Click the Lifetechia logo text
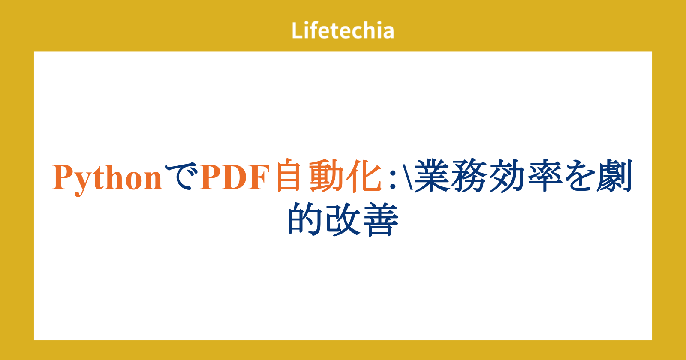pyautogui.click(x=343, y=30)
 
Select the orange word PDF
pyautogui.click(x=235, y=177)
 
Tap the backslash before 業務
pyautogui.click(x=405, y=177)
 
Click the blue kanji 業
pyautogui.click(x=432, y=176)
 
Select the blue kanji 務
pyautogui.click(x=469, y=176)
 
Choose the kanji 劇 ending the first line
pyautogui.click(x=614, y=176)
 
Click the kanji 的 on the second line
pyautogui.click(x=304, y=219)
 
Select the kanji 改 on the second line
pyautogui.click(x=343, y=219)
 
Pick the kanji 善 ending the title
pyautogui.click(x=380, y=219)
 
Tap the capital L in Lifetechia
pyautogui.click(x=297, y=30)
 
